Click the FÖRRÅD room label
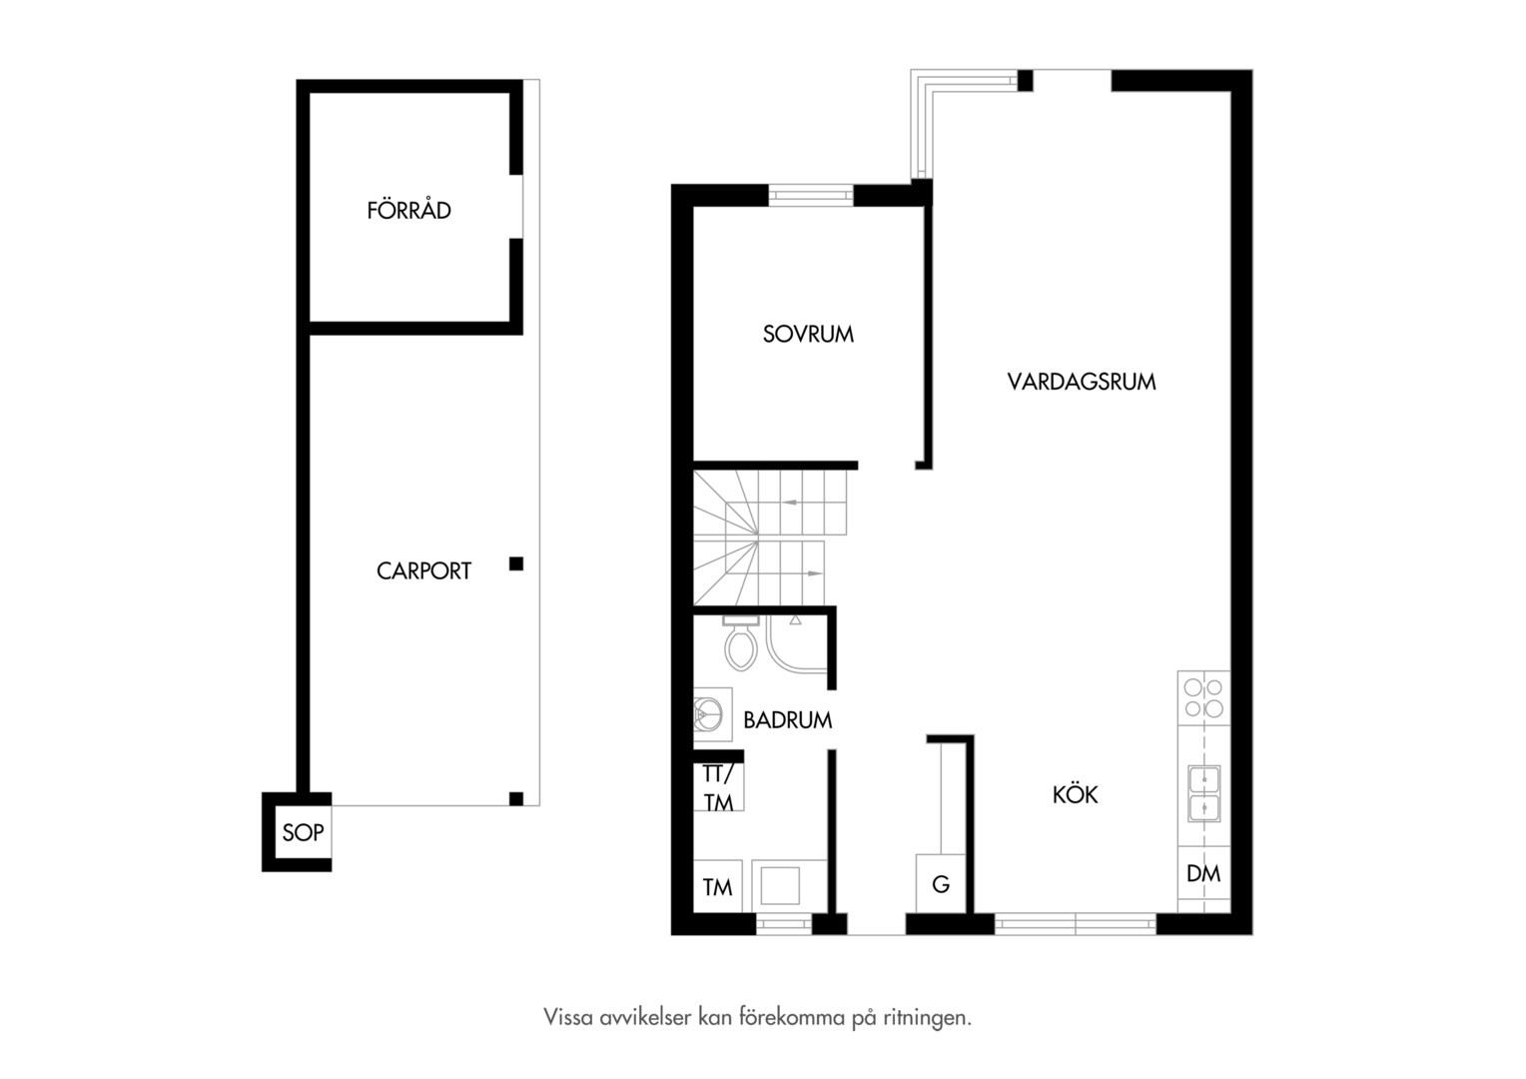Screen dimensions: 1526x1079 408,210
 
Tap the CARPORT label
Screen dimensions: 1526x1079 423,570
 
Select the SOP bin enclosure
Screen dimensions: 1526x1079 297,831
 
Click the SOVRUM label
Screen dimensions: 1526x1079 808,334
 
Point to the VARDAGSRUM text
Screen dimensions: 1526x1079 1082,382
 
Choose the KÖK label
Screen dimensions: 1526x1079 1075,795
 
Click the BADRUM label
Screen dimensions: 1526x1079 788,720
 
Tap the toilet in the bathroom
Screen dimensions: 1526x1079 740,643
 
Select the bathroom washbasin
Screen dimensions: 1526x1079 712,714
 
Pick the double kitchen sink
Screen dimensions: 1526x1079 1203,793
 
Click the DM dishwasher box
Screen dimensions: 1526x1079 1203,874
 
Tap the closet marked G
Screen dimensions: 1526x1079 941,883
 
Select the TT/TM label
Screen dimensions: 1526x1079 718,788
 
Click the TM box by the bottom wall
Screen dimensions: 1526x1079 718,886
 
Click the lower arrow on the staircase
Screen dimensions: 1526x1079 814,573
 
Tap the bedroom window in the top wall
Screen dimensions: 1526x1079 811,195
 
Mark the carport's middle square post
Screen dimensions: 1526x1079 516,563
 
